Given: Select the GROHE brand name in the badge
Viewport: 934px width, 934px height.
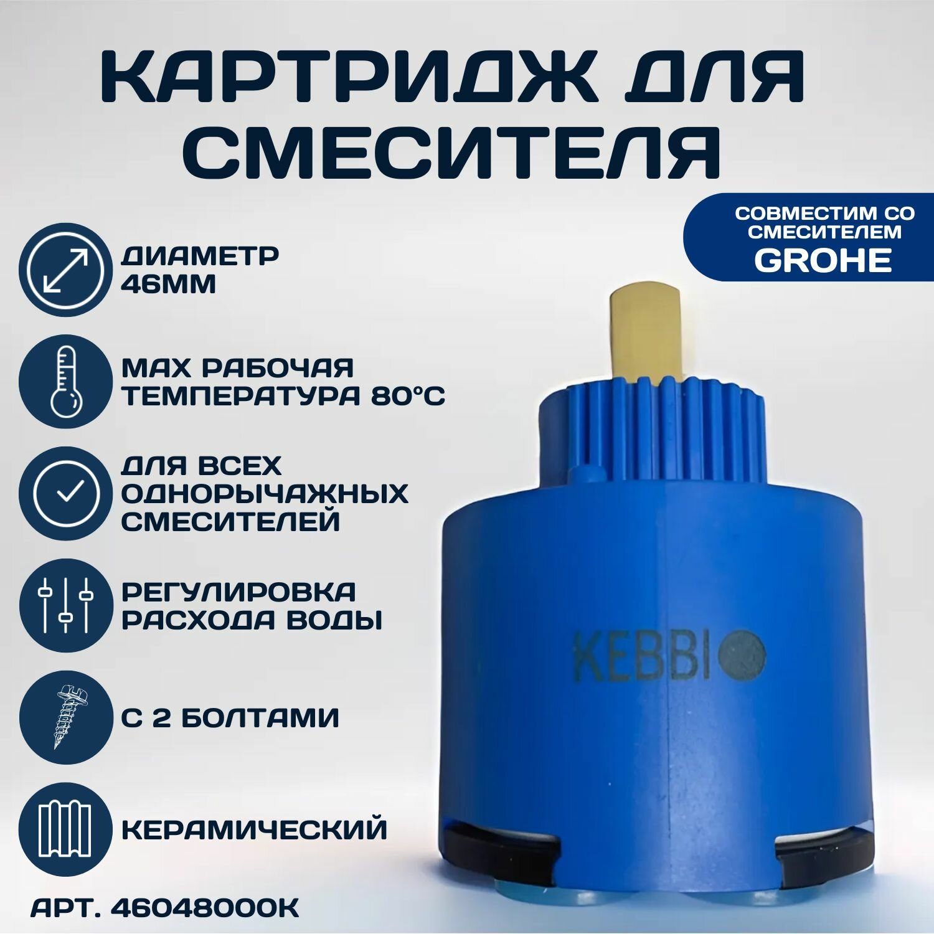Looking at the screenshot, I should click(823, 260).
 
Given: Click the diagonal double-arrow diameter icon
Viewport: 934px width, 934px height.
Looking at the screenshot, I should click(65, 270).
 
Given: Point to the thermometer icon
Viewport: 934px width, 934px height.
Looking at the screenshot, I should click(65, 381).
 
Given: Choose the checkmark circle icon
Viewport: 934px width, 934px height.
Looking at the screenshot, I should click(65, 493).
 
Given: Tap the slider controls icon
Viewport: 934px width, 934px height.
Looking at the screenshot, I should click(65, 605).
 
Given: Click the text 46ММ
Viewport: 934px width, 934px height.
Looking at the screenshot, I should click(169, 285).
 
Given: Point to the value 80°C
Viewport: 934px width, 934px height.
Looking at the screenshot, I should click(408, 396).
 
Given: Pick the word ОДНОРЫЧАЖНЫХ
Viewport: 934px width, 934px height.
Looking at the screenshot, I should click(265, 494).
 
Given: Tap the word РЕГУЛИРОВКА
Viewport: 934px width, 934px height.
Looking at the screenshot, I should click(238, 592).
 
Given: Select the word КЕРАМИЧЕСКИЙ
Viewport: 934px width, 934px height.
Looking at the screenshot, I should click(254, 830).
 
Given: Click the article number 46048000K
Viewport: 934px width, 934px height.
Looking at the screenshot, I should click(204, 908).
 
